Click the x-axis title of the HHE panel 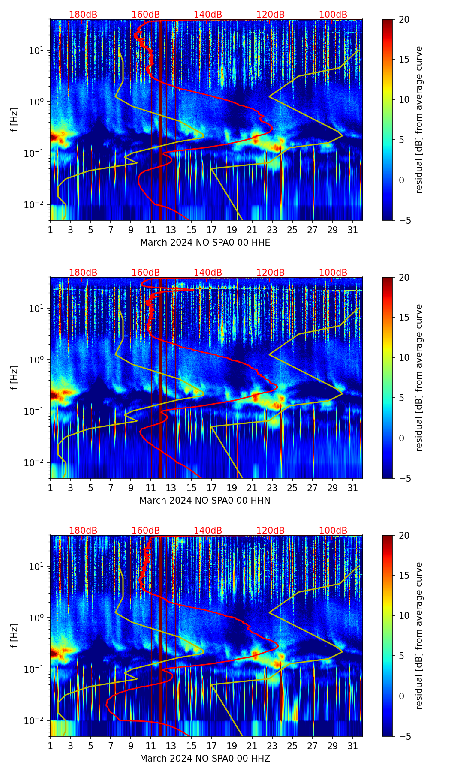click(205, 243)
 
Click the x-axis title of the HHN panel click(205, 501)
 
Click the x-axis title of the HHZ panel click(205, 759)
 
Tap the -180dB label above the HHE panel click(81, 15)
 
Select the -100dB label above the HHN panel click(331, 273)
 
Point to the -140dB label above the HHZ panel click(206, 531)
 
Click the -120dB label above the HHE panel click(269, 15)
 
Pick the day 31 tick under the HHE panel click(353, 230)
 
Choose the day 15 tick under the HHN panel click(191, 488)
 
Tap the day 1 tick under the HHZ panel click(50, 746)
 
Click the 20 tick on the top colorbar click(404, 20)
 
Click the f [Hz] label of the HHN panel click(15, 378)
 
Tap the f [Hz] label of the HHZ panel click(15, 636)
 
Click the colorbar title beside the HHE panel click(419, 120)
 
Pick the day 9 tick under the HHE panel click(131, 230)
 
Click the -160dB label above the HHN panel click(144, 273)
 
